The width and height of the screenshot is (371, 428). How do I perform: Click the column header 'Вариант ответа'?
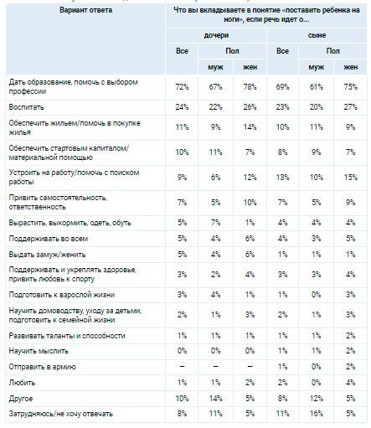point(85,10)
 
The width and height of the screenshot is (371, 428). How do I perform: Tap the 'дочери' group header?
point(216,36)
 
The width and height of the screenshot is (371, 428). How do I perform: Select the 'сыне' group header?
point(317,36)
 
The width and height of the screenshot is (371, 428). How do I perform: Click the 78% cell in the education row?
point(250,87)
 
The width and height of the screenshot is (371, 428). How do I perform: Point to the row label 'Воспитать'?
point(26,107)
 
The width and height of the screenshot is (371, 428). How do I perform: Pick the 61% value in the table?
point(316,87)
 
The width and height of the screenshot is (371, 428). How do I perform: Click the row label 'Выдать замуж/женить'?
point(47,255)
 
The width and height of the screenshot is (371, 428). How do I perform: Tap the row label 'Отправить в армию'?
point(42,367)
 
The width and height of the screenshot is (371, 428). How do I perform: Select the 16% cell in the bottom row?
point(316,414)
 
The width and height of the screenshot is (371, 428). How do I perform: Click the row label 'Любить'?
point(22,383)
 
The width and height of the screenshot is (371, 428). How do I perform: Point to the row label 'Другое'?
point(21,399)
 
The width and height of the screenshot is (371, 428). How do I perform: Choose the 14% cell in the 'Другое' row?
point(215,398)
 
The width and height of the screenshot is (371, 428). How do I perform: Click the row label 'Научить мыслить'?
point(39,351)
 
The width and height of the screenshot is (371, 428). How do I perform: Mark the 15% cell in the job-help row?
point(351,178)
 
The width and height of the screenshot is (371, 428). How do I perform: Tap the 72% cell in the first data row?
point(182,87)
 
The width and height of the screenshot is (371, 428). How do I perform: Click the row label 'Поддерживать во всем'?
point(49,239)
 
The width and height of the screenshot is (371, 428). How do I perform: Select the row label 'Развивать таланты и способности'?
point(67,336)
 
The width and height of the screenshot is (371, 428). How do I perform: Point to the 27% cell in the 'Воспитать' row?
point(351,107)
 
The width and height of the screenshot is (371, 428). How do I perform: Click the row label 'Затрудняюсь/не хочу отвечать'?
point(60,414)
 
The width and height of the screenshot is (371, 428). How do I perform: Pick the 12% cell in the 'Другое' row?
point(316,398)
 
